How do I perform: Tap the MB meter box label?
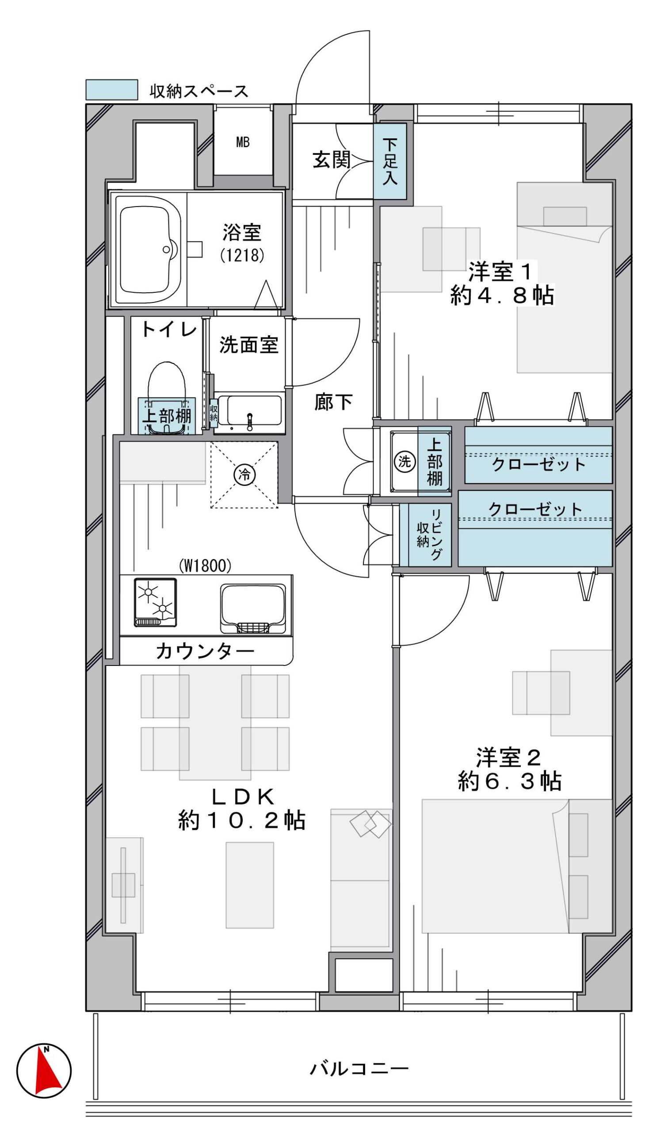pyautogui.click(x=242, y=142)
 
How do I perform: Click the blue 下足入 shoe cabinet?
pyautogui.click(x=390, y=161)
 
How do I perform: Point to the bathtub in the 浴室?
pyautogui.click(x=148, y=250)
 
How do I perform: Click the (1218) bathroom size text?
pyautogui.click(x=242, y=255)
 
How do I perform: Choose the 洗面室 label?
pyautogui.click(x=249, y=344)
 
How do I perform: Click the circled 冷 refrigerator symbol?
pyautogui.click(x=244, y=474)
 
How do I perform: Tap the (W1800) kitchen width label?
pyautogui.click(x=205, y=566)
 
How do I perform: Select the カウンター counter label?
pyautogui.click(x=205, y=651)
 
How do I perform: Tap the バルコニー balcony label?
pyautogui.click(x=359, y=1069)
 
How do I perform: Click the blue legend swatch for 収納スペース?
pyautogui.click(x=112, y=90)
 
